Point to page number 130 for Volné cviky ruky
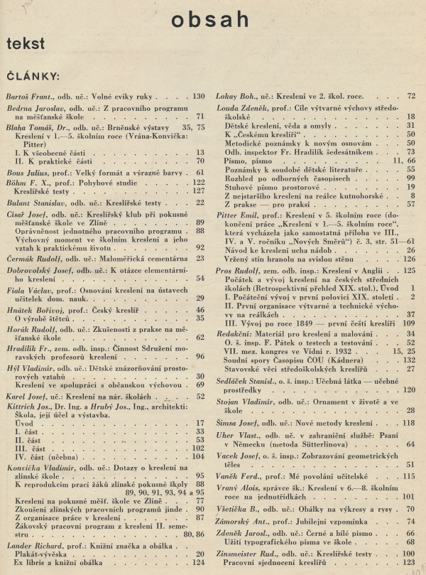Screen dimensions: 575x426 pyautogui.click(x=198, y=96)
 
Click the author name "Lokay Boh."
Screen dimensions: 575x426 pyautogui.click(x=239, y=96)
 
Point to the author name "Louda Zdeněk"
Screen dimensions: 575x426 pyautogui.click(x=244, y=106)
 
